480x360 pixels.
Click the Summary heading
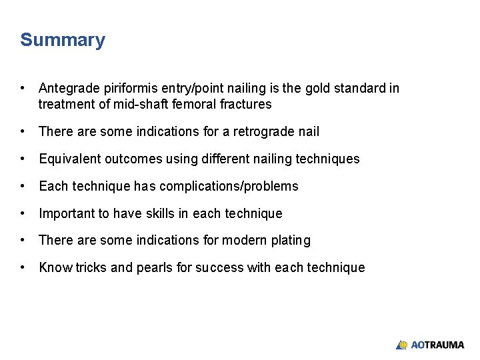click(63, 40)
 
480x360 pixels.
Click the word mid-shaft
click(141, 104)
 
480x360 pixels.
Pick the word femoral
click(194, 104)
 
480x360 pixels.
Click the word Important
click(67, 213)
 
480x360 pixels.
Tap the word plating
click(291, 240)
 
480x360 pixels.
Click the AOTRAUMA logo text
click(437, 345)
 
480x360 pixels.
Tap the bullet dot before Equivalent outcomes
click(23, 159)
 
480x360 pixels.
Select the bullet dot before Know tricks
click(23, 267)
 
